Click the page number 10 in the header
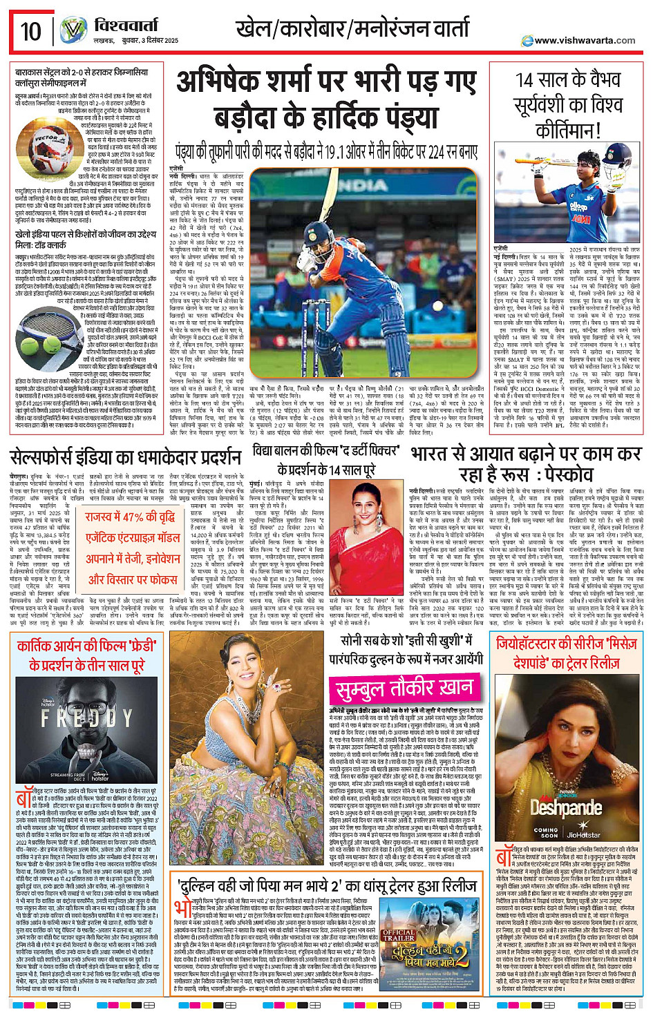(30, 30)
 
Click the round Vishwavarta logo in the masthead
(73, 30)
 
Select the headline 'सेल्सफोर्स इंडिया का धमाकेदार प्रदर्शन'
(126, 457)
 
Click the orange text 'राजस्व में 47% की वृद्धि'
(130, 517)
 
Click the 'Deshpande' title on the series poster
(566, 807)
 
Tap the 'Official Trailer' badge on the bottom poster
(399, 936)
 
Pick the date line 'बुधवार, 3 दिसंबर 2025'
(135, 41)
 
